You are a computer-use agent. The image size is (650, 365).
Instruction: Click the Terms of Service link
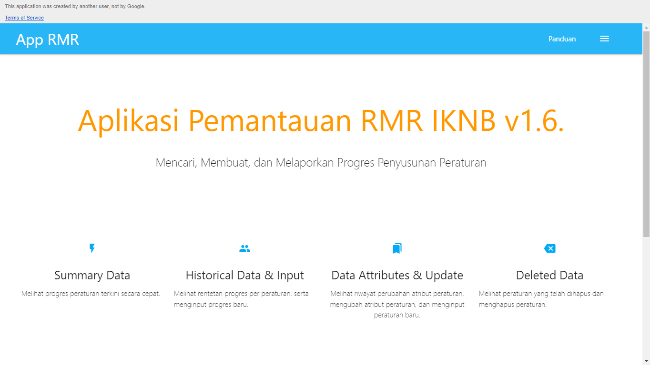24,18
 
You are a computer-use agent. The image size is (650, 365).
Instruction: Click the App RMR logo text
47,39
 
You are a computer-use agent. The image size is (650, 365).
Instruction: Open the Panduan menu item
562,39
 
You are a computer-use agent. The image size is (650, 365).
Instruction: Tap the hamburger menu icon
604,39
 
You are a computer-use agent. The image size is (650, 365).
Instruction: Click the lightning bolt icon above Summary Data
92,248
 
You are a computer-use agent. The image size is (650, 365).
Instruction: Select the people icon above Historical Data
244,248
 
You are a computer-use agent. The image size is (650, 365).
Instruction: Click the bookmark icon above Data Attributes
397,248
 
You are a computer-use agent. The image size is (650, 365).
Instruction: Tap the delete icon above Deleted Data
549,248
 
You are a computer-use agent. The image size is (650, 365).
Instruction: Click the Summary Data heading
92,275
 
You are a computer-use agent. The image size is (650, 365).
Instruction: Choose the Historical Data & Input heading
244,275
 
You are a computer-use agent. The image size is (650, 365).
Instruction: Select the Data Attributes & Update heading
397,275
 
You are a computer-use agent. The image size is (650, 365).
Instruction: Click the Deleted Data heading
549,275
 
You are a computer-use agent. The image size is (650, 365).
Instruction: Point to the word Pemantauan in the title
270,120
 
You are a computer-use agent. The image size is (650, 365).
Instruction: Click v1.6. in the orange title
534,120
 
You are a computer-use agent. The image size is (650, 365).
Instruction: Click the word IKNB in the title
463,120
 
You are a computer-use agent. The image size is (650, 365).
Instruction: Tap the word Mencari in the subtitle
176,162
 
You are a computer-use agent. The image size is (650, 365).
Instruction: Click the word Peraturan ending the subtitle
463,162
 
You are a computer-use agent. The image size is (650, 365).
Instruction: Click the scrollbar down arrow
646,361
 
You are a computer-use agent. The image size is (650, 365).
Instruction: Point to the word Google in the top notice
136,6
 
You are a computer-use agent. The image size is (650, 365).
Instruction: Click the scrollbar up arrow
646,28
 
